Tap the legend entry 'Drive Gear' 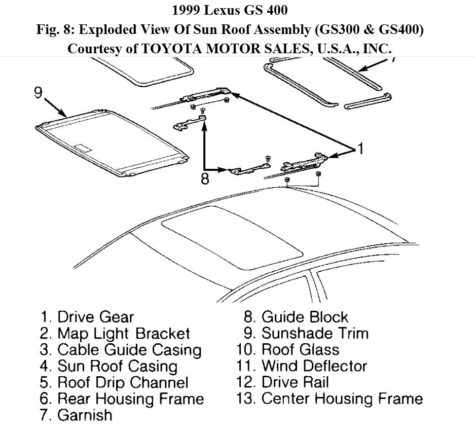pyautogui.click(x=87, y=317)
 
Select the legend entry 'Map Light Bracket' pyautogui.click(x=115, y=334)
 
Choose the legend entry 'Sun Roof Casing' pyautogui.click(x=108, y=366)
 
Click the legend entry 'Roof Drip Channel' pyautogui.click(x=114, y=382)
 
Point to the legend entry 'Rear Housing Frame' pyautogui.click(x=122, y=399)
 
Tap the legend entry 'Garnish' pyautogui.click(x=76, y=415)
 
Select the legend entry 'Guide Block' pyautogui.click(x=296, y=317)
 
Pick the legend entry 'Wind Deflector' pyautogui.click(x=306, y=366)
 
